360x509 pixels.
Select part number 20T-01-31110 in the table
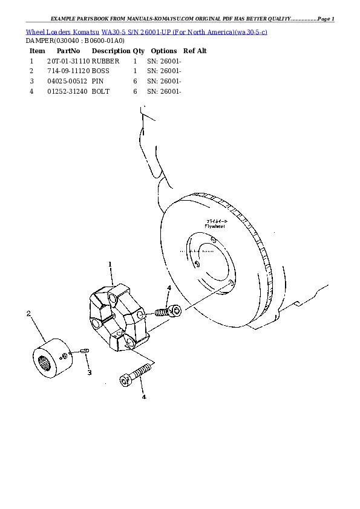click(x=68, y=61)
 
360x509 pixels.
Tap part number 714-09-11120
click(x=68, y=71)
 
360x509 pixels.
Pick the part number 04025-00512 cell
click(x=67, y=81)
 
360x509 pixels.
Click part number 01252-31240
click(x=67, y=91)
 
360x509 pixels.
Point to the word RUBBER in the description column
click(x=106, y=61)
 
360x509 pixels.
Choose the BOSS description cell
click(x=101, y=71)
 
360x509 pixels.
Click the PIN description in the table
click(x=98, y=81)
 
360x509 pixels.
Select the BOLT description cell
click(x=100, y=91)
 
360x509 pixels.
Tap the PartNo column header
click(x=68, y=51)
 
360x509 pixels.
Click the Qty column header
click(x=139, y=51)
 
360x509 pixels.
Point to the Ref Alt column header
click(x=195, y=51)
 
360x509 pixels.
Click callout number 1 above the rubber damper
click(x=110, y=264)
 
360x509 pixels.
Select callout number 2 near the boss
click(x=28, y=313)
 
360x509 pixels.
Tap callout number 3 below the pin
click(x=89, y=372)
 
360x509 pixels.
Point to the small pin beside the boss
click(x=85, y=351)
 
